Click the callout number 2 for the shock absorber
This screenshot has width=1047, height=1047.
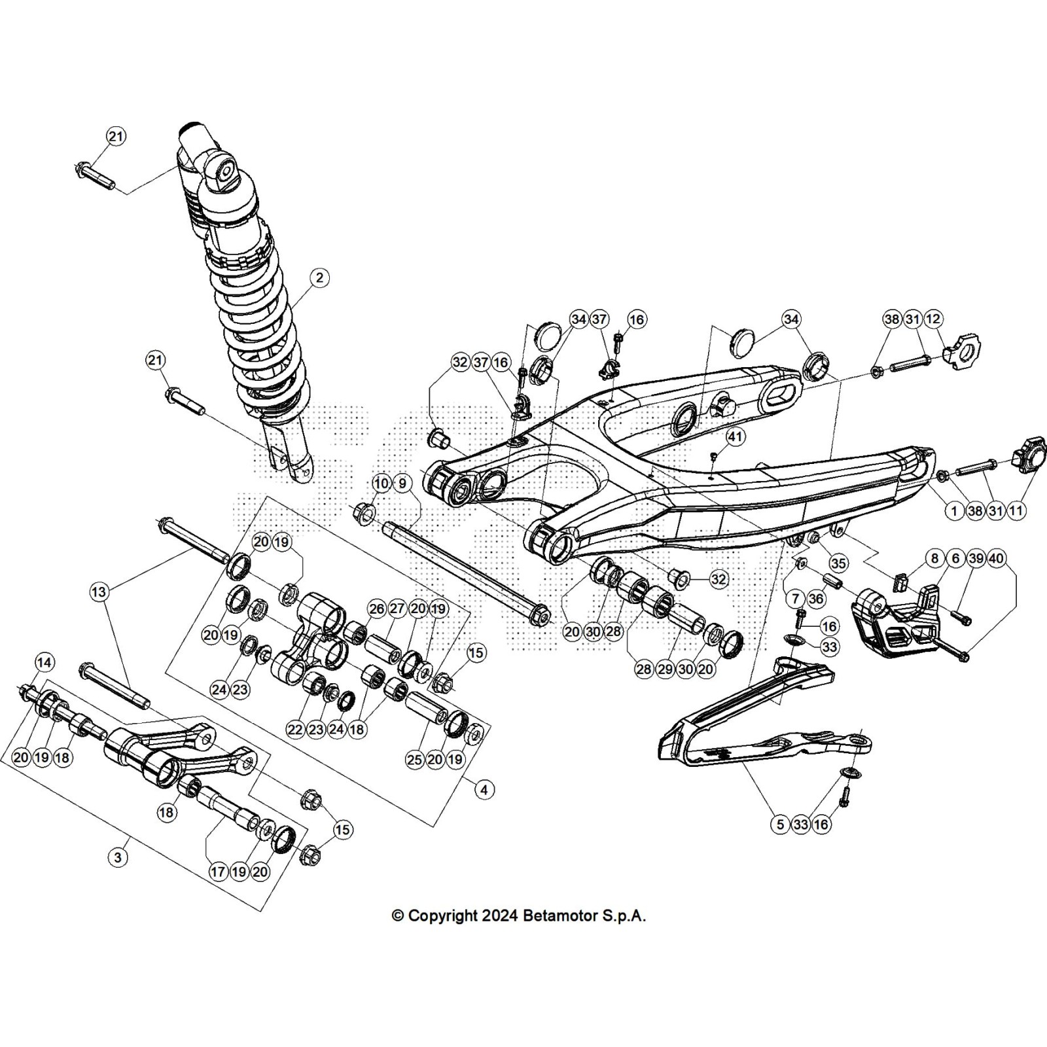pos(319,277)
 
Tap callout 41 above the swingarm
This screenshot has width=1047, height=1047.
pos(736,436)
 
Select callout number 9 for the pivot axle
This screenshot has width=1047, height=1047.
pos(402,484)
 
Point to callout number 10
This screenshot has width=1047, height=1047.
pos(381,484)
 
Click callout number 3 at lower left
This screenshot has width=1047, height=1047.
pos(117,858)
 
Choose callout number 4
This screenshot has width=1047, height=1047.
pos(484,790)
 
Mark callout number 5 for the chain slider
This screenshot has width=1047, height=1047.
pos(780,825)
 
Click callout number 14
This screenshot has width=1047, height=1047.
pos(43,663)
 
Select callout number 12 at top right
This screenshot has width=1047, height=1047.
pos(934,319)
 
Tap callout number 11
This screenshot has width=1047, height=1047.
pos(1016,510)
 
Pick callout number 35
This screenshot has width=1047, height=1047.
pos(838,563)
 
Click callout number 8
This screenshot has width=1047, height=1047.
pos(934,558)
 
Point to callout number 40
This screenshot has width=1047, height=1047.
pos(996,558)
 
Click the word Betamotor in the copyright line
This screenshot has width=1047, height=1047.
pos(555,915)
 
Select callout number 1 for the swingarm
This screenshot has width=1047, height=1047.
pos(954,510)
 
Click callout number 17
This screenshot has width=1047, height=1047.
pos(218,872)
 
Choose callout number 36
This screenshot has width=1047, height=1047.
pos(815,598)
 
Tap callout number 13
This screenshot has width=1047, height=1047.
pos(98,593)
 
